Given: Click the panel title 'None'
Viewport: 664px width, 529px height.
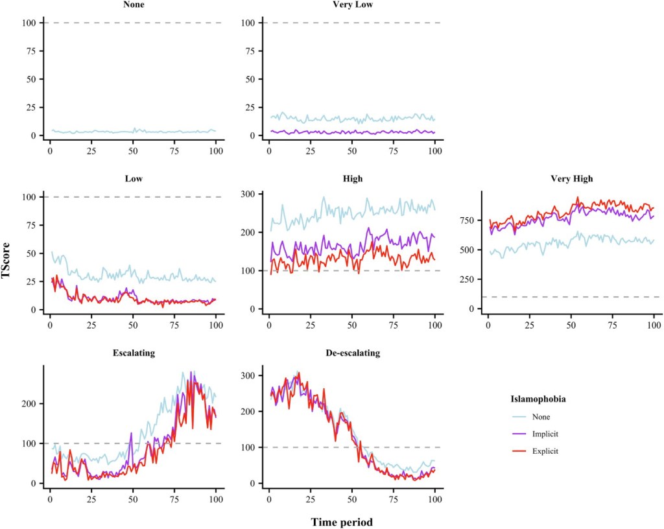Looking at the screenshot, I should click(133, 5).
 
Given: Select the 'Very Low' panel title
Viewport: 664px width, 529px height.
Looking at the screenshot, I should click(351, 5).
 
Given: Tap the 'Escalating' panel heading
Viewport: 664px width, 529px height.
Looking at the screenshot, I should click(133, 353).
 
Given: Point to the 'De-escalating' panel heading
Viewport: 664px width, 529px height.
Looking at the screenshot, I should click(351, 353).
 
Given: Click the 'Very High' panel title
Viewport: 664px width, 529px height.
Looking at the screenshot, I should click(571, 178).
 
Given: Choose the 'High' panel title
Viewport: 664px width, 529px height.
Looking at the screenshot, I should click(351, 178).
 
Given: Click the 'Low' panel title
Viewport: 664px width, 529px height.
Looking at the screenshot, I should click(133, 178).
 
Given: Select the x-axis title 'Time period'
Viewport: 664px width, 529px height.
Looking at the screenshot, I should click(341, 521).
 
